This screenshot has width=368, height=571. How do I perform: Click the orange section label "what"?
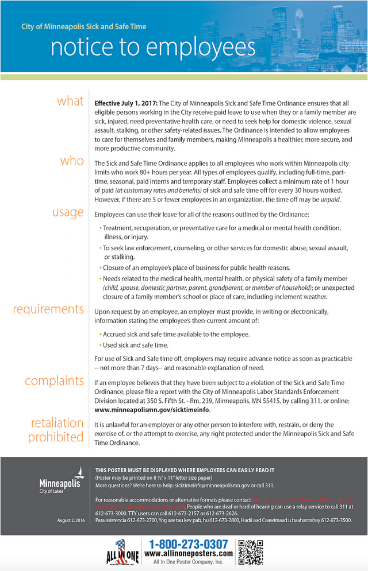[70, 102]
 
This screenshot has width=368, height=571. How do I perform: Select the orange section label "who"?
[72, 161]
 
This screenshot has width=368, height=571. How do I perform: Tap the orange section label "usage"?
[68, 212]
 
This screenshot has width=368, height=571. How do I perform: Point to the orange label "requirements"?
[48, 309]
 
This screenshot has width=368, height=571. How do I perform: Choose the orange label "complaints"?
[54, 380]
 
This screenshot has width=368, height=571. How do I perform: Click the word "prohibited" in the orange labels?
[56, 437]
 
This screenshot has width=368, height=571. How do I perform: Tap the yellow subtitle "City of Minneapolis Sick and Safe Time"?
[83, 27]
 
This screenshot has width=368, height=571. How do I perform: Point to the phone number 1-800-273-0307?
[189, 544]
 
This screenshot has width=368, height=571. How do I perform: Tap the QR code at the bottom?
[250, 551]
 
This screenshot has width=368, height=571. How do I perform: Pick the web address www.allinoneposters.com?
[189, 554]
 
